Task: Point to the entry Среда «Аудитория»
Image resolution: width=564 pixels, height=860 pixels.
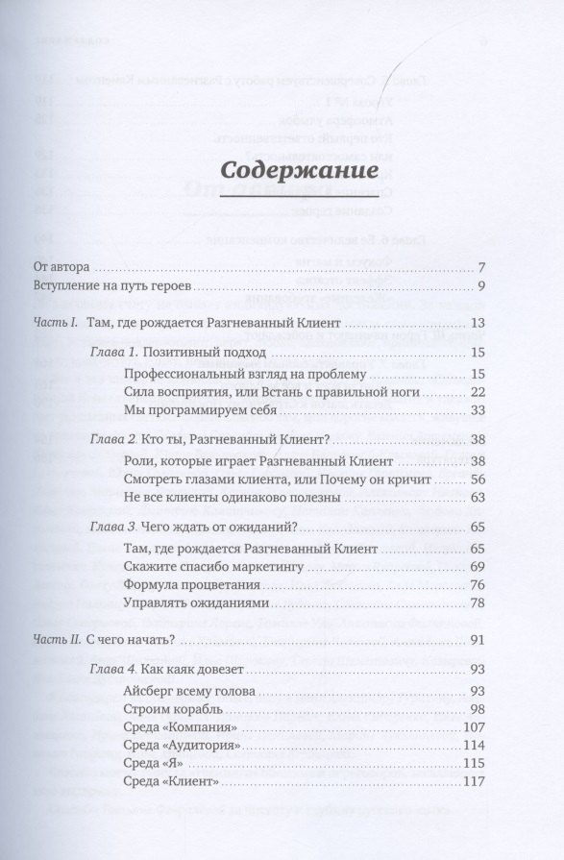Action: pos(181,746)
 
